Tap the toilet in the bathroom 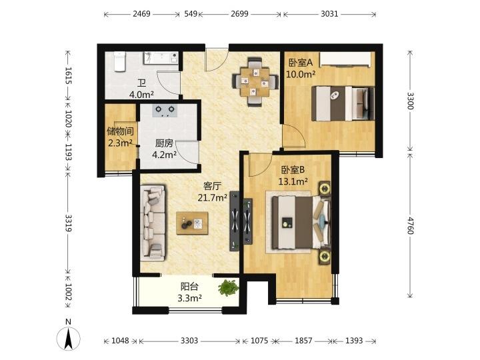point(119,61)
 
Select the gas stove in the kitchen point(165,111)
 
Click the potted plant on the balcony point(229,288)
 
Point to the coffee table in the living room point(192,223)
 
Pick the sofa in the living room point(153,223)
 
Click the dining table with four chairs point(255,82)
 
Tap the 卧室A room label point(301,63)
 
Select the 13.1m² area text point(293,181)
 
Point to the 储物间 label point(120,131)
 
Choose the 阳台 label point(189,287)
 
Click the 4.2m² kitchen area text point(165,155)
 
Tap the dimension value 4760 point(410,225)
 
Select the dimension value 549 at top point(191,14)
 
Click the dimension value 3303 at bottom point(189,341)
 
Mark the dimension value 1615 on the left point(68,75)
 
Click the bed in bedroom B point(301,223)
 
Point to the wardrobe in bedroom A point(345,59)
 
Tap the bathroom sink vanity point(161,57)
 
